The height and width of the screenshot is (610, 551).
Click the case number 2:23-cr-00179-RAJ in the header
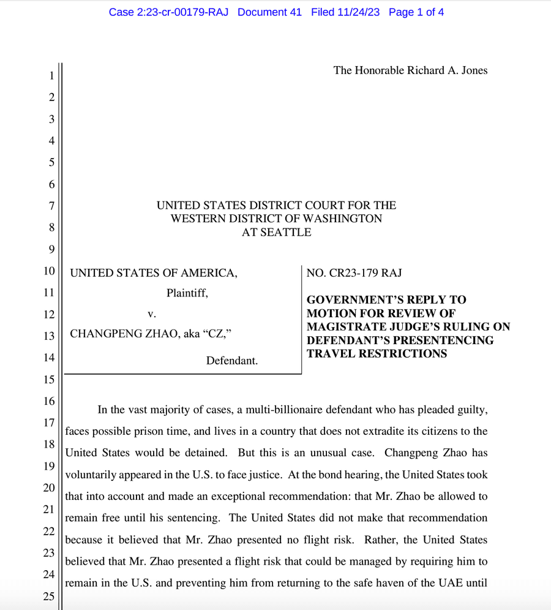[x=168, y=12]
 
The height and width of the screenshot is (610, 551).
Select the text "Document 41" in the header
[x=269, y=12]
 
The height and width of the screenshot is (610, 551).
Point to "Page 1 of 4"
[x=416, y=12]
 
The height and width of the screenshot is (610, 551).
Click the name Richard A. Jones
[x=448, y=70]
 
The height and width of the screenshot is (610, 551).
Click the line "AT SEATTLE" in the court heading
[x=276, y=232]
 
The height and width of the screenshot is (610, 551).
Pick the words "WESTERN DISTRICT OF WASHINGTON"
[x=276, y=219]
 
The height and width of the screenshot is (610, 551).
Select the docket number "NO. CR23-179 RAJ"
[x=354, y=273]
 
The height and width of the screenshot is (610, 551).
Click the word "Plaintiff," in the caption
[x=187, y=293]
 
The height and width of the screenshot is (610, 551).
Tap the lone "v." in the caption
[x=152, y=314]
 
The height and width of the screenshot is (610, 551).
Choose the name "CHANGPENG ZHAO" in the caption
[x=125, y=334]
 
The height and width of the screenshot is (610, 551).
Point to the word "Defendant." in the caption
[x=232, y=361]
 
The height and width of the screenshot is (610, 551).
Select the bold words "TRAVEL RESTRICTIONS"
[x=377, y=353]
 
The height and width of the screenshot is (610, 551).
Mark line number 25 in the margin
[x=48, y=597]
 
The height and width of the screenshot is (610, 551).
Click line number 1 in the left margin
[x=52, y=76]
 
